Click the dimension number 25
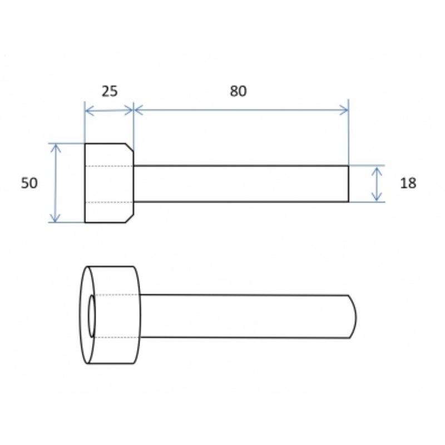(110, 91)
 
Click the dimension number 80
(238, 91)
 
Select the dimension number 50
(29, 183)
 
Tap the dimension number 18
(408, 183)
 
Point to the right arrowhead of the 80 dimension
(344, 110)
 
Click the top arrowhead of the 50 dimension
(56, 149)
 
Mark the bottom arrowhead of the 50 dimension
(55, 217)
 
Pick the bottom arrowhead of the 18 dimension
(377, 196)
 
